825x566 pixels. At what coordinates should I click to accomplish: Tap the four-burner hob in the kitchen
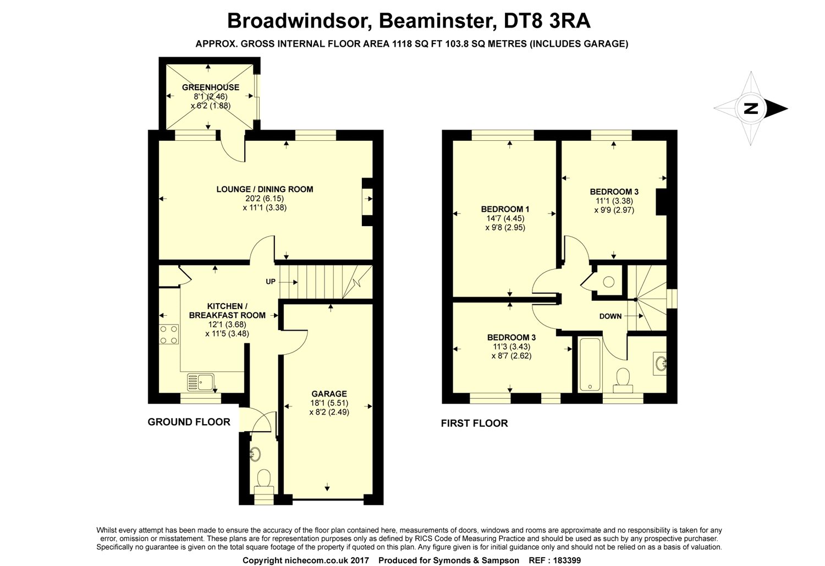pos(169,334)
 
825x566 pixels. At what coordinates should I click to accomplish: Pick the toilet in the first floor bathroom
pos(623,379)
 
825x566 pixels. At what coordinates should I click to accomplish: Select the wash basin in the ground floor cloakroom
pos(255,454)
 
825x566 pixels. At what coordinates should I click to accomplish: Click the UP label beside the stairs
pos(271,282)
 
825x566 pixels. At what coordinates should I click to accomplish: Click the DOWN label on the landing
pos(610,316)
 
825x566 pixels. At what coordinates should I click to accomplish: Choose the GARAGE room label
pos(329,394)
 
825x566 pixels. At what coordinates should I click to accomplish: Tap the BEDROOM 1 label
pos(505,209)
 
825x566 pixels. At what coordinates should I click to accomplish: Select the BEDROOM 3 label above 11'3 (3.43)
pos(511,338)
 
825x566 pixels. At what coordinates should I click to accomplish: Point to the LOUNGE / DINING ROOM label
pos(265,189)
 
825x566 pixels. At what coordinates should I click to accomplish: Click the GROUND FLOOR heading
pos(189,422)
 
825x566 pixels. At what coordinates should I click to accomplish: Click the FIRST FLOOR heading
pos(474,423)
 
